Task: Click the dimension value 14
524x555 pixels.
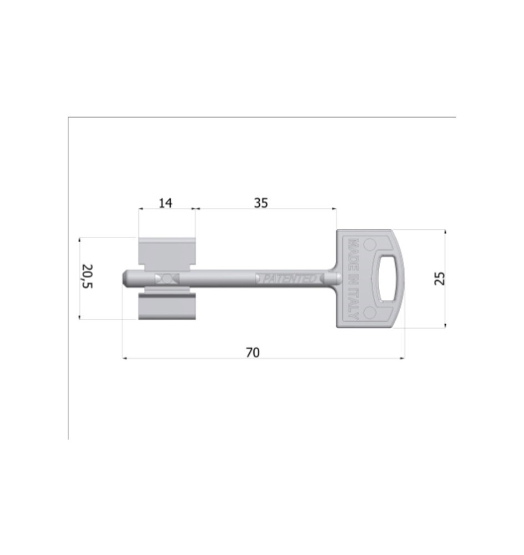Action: click(x=165, y=203)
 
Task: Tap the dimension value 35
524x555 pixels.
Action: click(x=261, y=203)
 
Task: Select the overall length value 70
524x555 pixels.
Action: click(x=253, y=352)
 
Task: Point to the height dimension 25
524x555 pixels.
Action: click(x=440, y=279)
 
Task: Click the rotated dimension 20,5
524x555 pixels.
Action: click(x=88, y=277)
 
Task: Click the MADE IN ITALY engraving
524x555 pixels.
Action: click(x=352, y=279)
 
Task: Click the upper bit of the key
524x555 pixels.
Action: click(x=167, y=253)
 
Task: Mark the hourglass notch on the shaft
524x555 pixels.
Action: click(x=166, y=278)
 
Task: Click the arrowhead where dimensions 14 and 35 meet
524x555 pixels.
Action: click(x=195, y=209)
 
